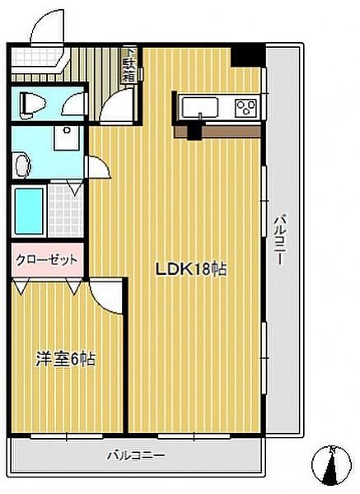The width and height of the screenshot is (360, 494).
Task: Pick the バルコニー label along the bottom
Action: click(137, 454)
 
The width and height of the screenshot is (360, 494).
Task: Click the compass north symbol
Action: click(333, 467)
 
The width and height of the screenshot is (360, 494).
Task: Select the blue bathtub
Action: click(28, 211)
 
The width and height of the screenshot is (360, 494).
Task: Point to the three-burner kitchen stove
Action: click(246, 107)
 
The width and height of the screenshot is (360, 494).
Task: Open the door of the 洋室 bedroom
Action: click(106, 292)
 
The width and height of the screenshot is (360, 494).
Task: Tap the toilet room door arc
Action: click(76, 105)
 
